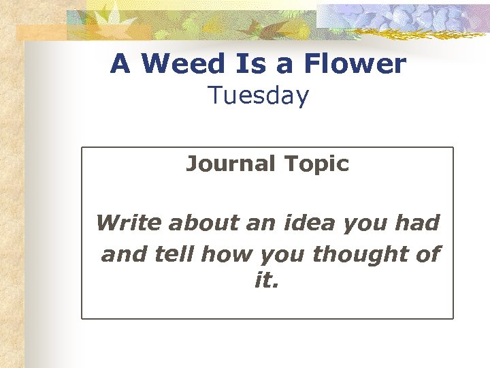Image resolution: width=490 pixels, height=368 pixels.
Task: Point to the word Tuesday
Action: pyautogui.click(x=259, y=97)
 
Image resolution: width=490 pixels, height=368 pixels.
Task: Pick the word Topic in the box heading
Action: pyautogui.click(x=316, y=164)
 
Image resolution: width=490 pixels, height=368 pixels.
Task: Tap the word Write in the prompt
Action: pyautogui.click(x=129, y=223)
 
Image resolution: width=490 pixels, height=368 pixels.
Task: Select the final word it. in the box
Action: pyautogui.click(x=267, y=281)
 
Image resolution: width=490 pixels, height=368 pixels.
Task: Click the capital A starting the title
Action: pyautogui.click(x=120, y=64)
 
